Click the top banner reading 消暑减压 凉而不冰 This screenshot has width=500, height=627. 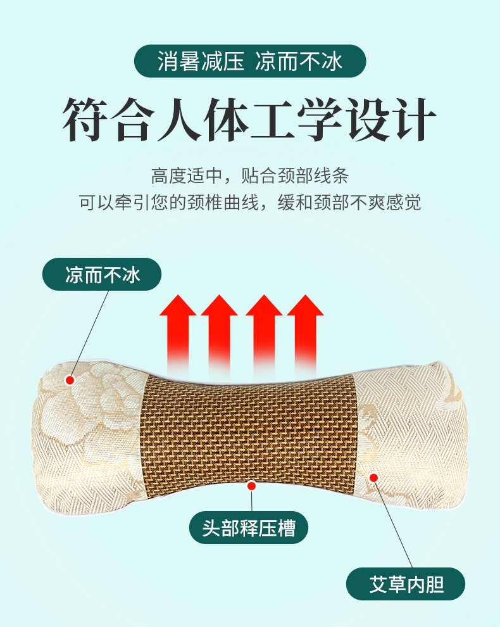pos(249,61)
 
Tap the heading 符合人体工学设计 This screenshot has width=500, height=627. pos(249,119)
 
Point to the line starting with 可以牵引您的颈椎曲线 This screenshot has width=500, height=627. pos(249,203)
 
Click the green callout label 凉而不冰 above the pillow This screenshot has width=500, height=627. pos(102,275)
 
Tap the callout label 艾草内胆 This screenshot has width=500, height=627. pos(405,584)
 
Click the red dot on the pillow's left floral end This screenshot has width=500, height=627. pos(70,380)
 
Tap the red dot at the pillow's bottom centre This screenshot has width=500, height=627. pos(251,486)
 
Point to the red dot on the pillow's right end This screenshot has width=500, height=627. pos(373,476)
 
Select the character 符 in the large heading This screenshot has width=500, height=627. pos(86,119)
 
